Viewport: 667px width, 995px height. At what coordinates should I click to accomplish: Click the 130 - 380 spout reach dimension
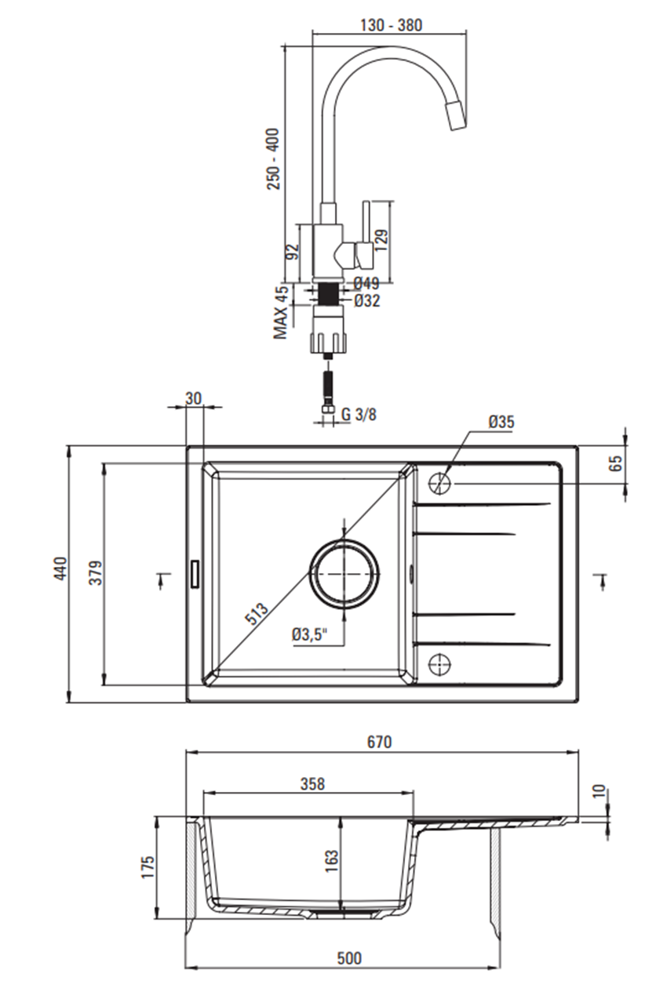(390, 24)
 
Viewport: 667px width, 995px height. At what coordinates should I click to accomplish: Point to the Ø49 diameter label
(366, 283)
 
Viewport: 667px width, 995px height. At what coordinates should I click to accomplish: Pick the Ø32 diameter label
(366, 300)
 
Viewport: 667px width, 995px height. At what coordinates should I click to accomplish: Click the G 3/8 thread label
(359, 414)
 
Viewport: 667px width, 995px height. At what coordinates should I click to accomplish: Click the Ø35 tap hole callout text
(501, 422)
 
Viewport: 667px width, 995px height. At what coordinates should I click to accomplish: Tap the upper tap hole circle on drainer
(441, 484)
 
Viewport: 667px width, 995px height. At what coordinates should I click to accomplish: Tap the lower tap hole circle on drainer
(441, 664)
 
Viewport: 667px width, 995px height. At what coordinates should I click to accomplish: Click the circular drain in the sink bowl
(344, 574)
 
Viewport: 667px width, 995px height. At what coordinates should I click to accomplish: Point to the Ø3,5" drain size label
(310, 634)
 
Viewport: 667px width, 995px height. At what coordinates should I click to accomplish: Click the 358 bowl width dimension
(312, 783)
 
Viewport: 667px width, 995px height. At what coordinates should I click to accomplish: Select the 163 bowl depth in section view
(330, 861)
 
